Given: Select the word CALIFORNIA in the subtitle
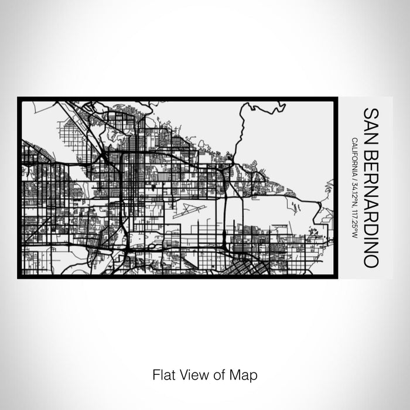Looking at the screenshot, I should click(355, 155).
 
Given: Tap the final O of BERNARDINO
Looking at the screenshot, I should click(371, 261).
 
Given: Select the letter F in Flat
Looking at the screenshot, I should click(156, 374).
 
